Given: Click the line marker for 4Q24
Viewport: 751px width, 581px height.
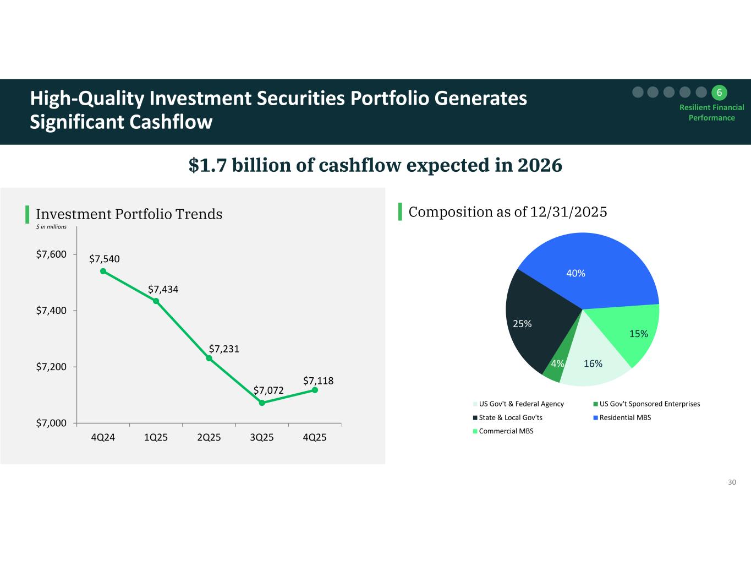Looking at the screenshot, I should pyautogui.click(x=103, y=271).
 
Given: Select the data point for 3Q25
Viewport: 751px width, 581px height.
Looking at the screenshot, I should pyautogui.click(x=262, y=403).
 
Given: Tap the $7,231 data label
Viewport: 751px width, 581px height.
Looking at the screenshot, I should pyautogui.click(x=224, y=349).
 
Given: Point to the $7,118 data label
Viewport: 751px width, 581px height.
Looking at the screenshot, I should pyautogui.click(x=319, y=381).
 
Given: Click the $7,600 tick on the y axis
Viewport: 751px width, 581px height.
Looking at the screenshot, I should pyautogui.click(x=51, y=254).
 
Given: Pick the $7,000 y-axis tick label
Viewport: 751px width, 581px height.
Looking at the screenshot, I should pyautogui.click(x=51, y=423).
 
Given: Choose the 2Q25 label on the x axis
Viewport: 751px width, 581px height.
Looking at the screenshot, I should pyautogui.click(x=209, y=438).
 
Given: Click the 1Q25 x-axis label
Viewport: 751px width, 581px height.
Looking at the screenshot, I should pyautogui.click(x=156, y=438).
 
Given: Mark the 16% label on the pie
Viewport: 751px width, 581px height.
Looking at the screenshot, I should pyautogui.click(x=593, y=363).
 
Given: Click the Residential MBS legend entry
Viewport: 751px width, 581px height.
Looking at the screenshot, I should pyautogui.click(x=625, y=417).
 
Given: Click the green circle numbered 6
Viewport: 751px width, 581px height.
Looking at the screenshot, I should pyautogui.click(x=719, y=92).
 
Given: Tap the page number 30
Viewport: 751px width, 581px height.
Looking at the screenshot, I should pyautogui.click(x=732, y=482).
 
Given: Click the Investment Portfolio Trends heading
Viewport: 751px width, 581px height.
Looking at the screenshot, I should pyautogui.click(x=129, y=214).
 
